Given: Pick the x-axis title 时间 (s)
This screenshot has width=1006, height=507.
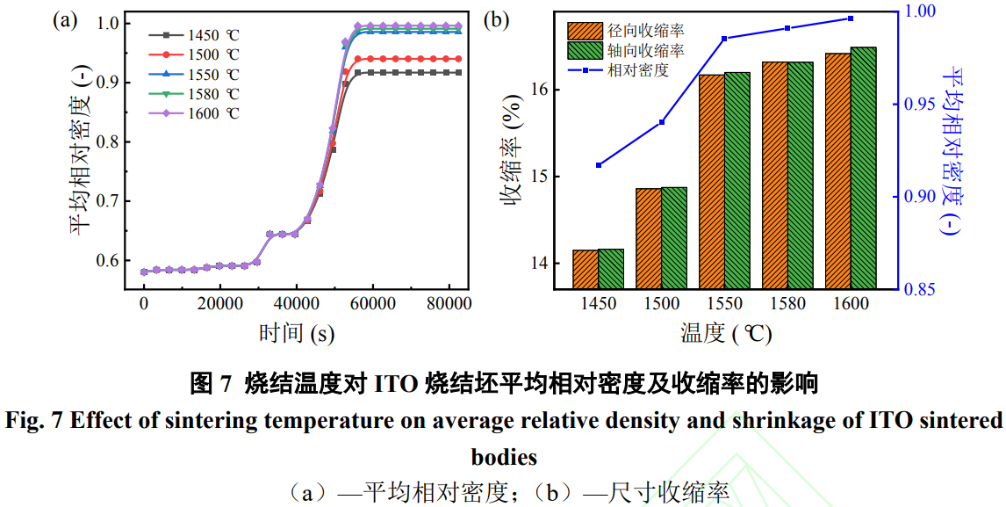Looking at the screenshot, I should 296,333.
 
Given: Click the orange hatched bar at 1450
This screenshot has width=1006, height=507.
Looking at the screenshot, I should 586,269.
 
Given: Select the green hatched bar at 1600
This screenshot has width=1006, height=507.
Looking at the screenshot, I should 864,167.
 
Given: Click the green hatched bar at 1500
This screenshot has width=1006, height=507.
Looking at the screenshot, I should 674,237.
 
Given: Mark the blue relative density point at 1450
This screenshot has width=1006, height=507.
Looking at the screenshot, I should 599,165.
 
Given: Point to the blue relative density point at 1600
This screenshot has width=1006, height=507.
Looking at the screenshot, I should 851,18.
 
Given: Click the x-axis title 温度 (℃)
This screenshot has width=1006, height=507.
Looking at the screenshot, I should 725,333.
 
